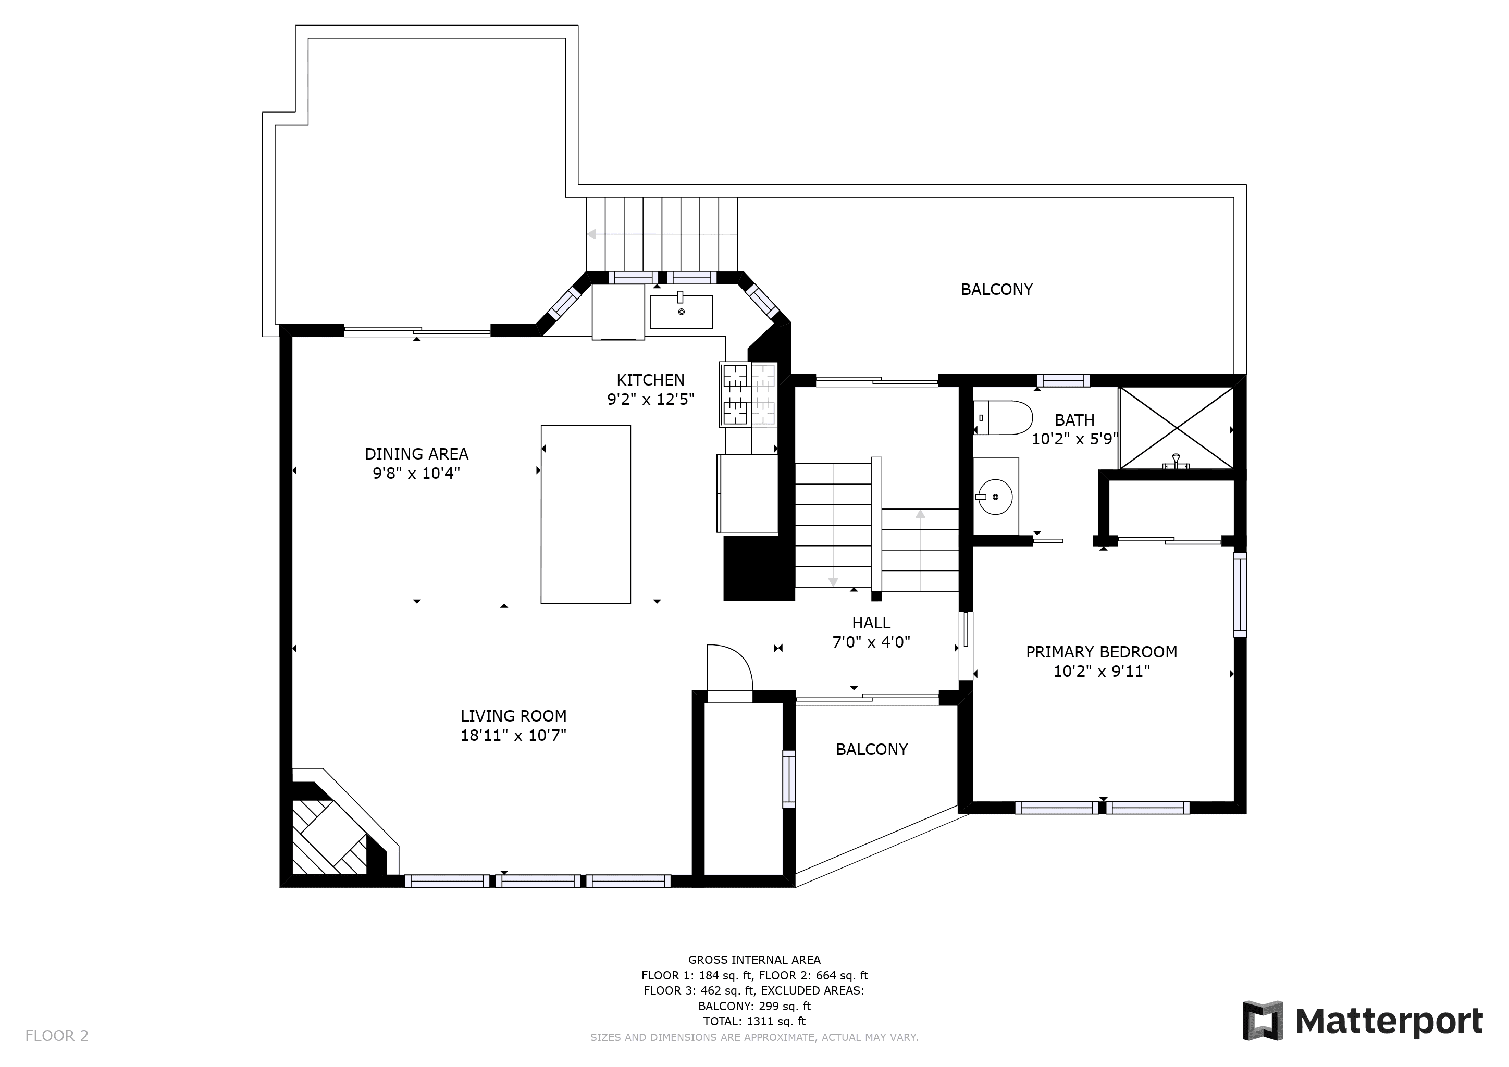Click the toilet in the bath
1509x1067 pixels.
[1003, 417]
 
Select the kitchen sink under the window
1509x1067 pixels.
[681, 312]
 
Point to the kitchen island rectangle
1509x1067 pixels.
[586, 514]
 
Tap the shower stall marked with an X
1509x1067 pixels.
[1177, 428]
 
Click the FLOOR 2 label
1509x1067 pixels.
[56, 1036]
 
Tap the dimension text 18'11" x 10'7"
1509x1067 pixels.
[513, 735]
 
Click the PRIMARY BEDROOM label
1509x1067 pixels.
[1102, 652]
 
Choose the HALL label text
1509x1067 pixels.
[872, 623]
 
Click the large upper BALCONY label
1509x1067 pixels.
[996, 289]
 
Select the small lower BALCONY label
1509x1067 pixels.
[872, 749]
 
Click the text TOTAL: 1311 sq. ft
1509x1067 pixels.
[754, 1021]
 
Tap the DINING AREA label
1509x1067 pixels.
[417, 454]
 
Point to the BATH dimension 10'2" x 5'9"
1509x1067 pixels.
[1074, 439]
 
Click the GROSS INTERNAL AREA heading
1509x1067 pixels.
[754, 959]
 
